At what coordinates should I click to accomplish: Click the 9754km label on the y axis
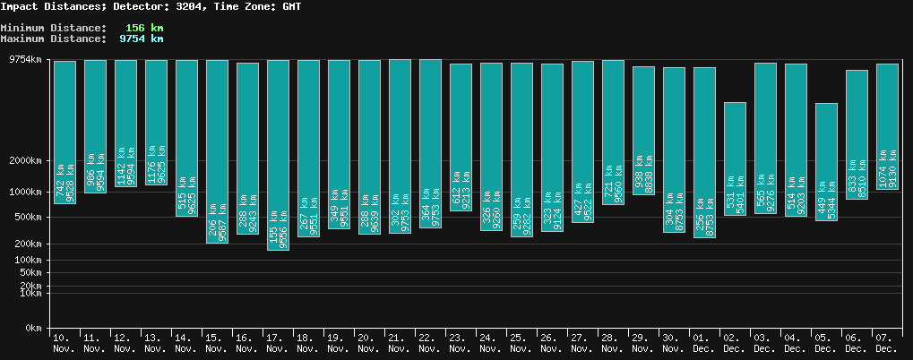(24, 60)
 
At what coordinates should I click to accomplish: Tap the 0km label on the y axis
(33, 329)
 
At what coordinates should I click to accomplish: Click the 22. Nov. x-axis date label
(430, 342)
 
